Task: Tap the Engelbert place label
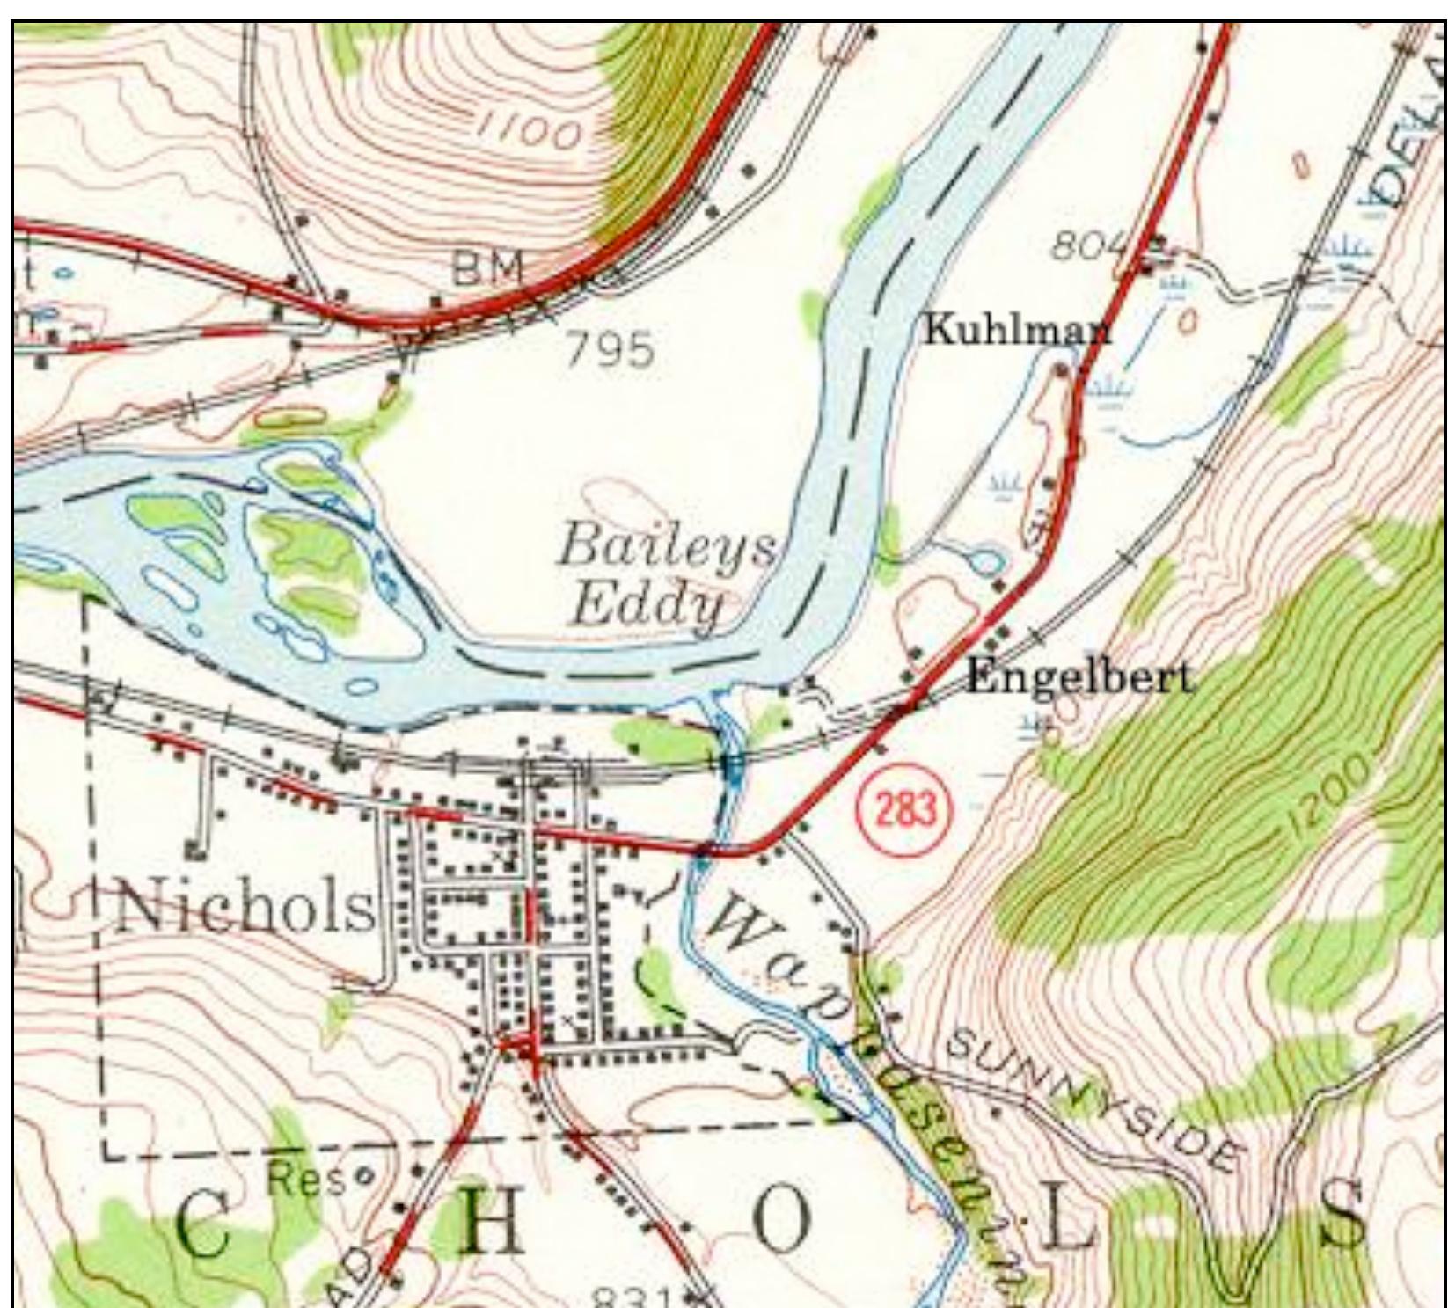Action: tap(1079, 677)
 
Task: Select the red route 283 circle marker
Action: tap(905, 807)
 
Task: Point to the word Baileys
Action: tap(666, 546)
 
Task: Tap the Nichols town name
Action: tap(245, 908)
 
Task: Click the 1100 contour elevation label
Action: tap(529, 132)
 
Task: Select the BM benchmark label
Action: tap(486, 267)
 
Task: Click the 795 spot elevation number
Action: tap(610, 350)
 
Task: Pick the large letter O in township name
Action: tap(781, 1223)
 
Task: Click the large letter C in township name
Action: tap(204, 1226)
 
